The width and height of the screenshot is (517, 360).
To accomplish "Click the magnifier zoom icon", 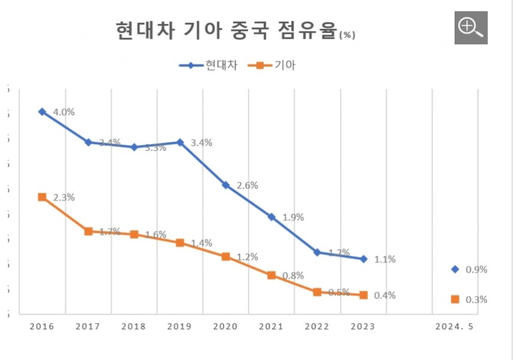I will pos(471,27).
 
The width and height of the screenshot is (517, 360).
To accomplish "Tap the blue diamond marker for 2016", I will pos(42,112).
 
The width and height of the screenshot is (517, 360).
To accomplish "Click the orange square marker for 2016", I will pos(42,197).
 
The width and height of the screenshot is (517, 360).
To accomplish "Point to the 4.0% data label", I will pos(63,112).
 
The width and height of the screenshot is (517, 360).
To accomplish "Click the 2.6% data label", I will pos(247,185).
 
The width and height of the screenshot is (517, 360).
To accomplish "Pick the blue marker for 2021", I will pos(272,217).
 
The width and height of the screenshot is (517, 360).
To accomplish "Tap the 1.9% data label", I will pos(293,218).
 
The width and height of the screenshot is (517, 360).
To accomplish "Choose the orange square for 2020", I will pos(226,257).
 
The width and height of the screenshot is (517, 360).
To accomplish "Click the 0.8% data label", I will pos(293,275).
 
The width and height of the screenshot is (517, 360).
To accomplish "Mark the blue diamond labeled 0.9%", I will pos(455,269).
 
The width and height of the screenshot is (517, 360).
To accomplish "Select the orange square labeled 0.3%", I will pos(455,300).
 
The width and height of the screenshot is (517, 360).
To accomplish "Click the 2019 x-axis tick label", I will pos(179,327).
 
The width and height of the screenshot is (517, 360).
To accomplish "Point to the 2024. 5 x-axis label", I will pos(455,327).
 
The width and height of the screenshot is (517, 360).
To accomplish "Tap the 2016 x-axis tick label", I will pos(41,327).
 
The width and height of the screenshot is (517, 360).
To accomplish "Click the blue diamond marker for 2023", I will pos(363,259).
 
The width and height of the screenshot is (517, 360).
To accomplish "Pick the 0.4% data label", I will pos(385,296).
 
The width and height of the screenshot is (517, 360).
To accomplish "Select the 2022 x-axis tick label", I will pos(317,327).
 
